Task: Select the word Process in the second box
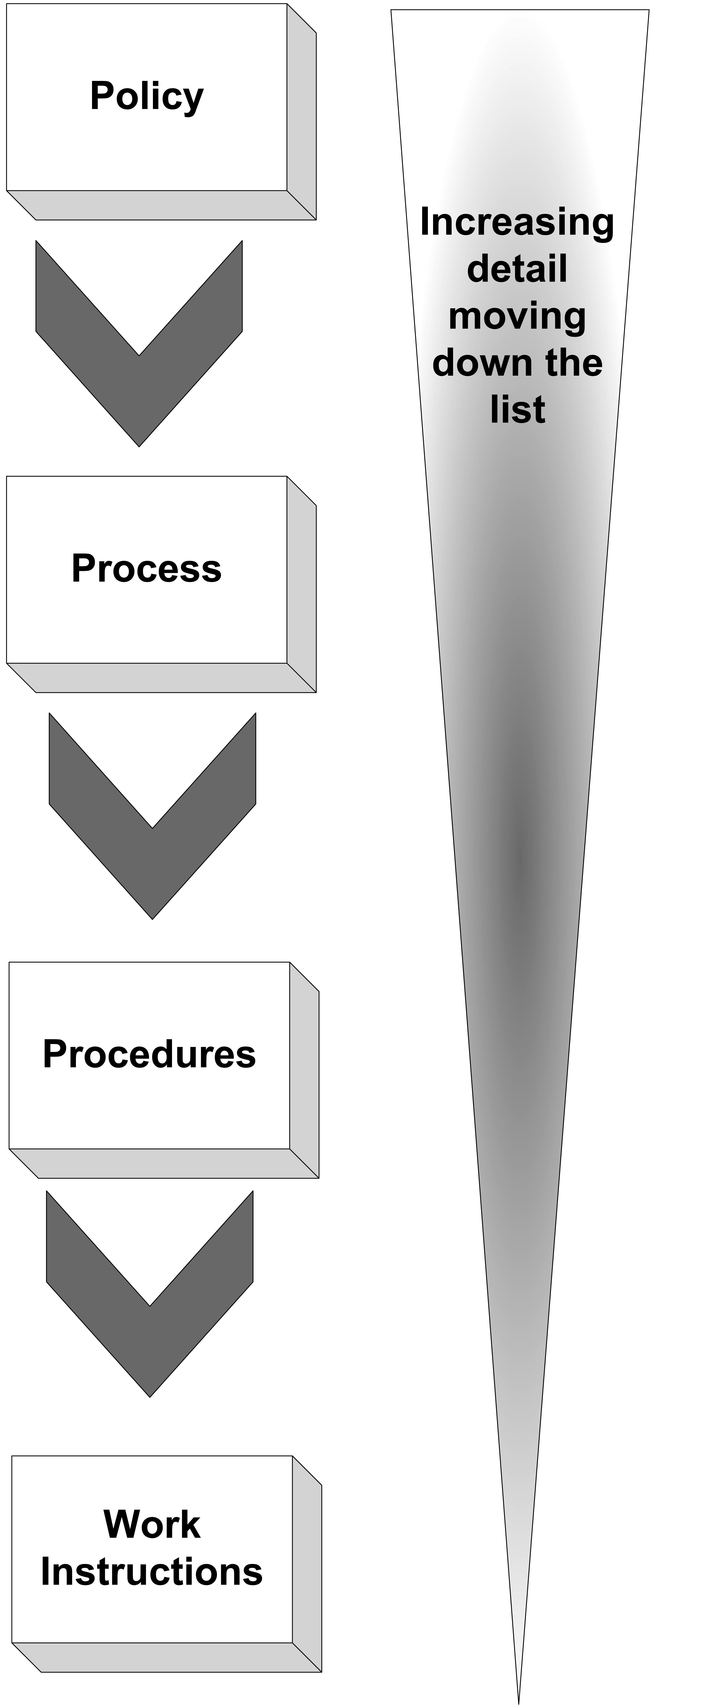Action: coord(147,569)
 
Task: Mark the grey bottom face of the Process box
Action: coord(161,678)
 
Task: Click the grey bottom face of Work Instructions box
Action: coord(166,1658)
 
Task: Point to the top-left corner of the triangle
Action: coord(391,10)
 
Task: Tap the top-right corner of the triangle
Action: coord(649,10)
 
